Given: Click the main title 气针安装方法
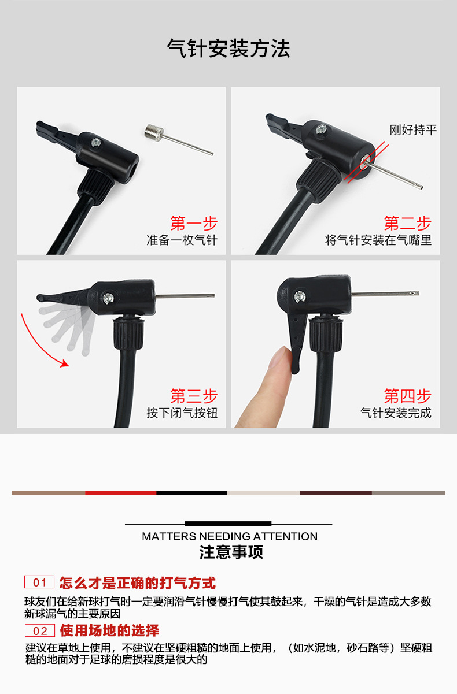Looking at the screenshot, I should pyautogui.click(x=228, y=49).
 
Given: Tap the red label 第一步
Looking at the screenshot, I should pyautogui.click(x=194, y=223).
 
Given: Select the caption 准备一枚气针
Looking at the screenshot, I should pyautogui.click(x=182, y=240).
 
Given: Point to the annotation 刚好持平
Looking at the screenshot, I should pyautogui.click(x=413, y=129).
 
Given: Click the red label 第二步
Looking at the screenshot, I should pyautogui.click(x=407, y=223).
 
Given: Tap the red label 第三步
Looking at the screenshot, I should pyautogui.click(x=194, y=396).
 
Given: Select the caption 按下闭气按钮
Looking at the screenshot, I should pyautogui.click(x=182, y=413).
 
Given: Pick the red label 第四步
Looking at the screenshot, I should pyautogui.click(x=407, y=396).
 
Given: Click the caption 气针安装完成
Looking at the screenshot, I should pyautogui.click(x=396, y=413).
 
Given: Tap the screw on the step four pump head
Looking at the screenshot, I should pyautogui.click(x=299, y=297).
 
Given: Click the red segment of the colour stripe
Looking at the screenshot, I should pyautogui.click(x=120, y=493).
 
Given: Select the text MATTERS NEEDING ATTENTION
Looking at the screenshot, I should pyautogui.click(x=230, y=536).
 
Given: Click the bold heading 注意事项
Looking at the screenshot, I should pyautogui.click(x=231, y=552).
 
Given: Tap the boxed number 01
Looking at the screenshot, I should pyautogui.click(x=39, y=582).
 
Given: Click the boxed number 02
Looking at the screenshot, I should pyautogui.click(x=39, y=630).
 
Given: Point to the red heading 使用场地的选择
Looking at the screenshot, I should pyautogui.click(x=109, y=630).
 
